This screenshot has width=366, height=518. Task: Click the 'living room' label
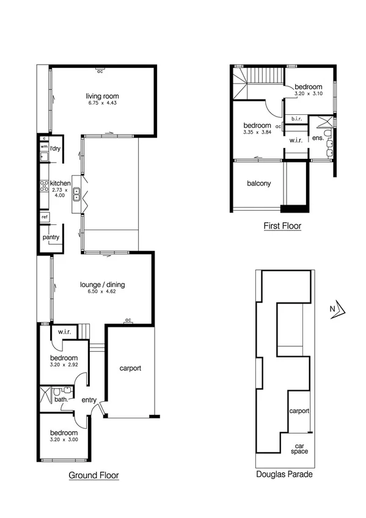point(102,96)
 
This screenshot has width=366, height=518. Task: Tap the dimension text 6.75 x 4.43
point(102,104)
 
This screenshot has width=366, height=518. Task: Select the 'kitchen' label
point(60,183)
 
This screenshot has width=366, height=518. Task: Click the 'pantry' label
point(50,237)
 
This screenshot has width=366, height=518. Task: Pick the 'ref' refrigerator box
point(45,217)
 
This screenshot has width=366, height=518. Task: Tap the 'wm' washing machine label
point(44,147)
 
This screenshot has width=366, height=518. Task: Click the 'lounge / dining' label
point(102,284)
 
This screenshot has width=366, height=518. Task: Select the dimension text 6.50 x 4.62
point(102,292)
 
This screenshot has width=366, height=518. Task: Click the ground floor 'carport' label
point(130,368)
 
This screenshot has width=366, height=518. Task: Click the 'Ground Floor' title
point(93,475)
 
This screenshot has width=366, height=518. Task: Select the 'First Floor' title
point(282,226)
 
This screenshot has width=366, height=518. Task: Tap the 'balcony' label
point(258,183)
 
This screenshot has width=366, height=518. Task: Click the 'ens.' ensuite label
point(317,139)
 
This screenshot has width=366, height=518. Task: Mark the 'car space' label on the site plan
point(299,448)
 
